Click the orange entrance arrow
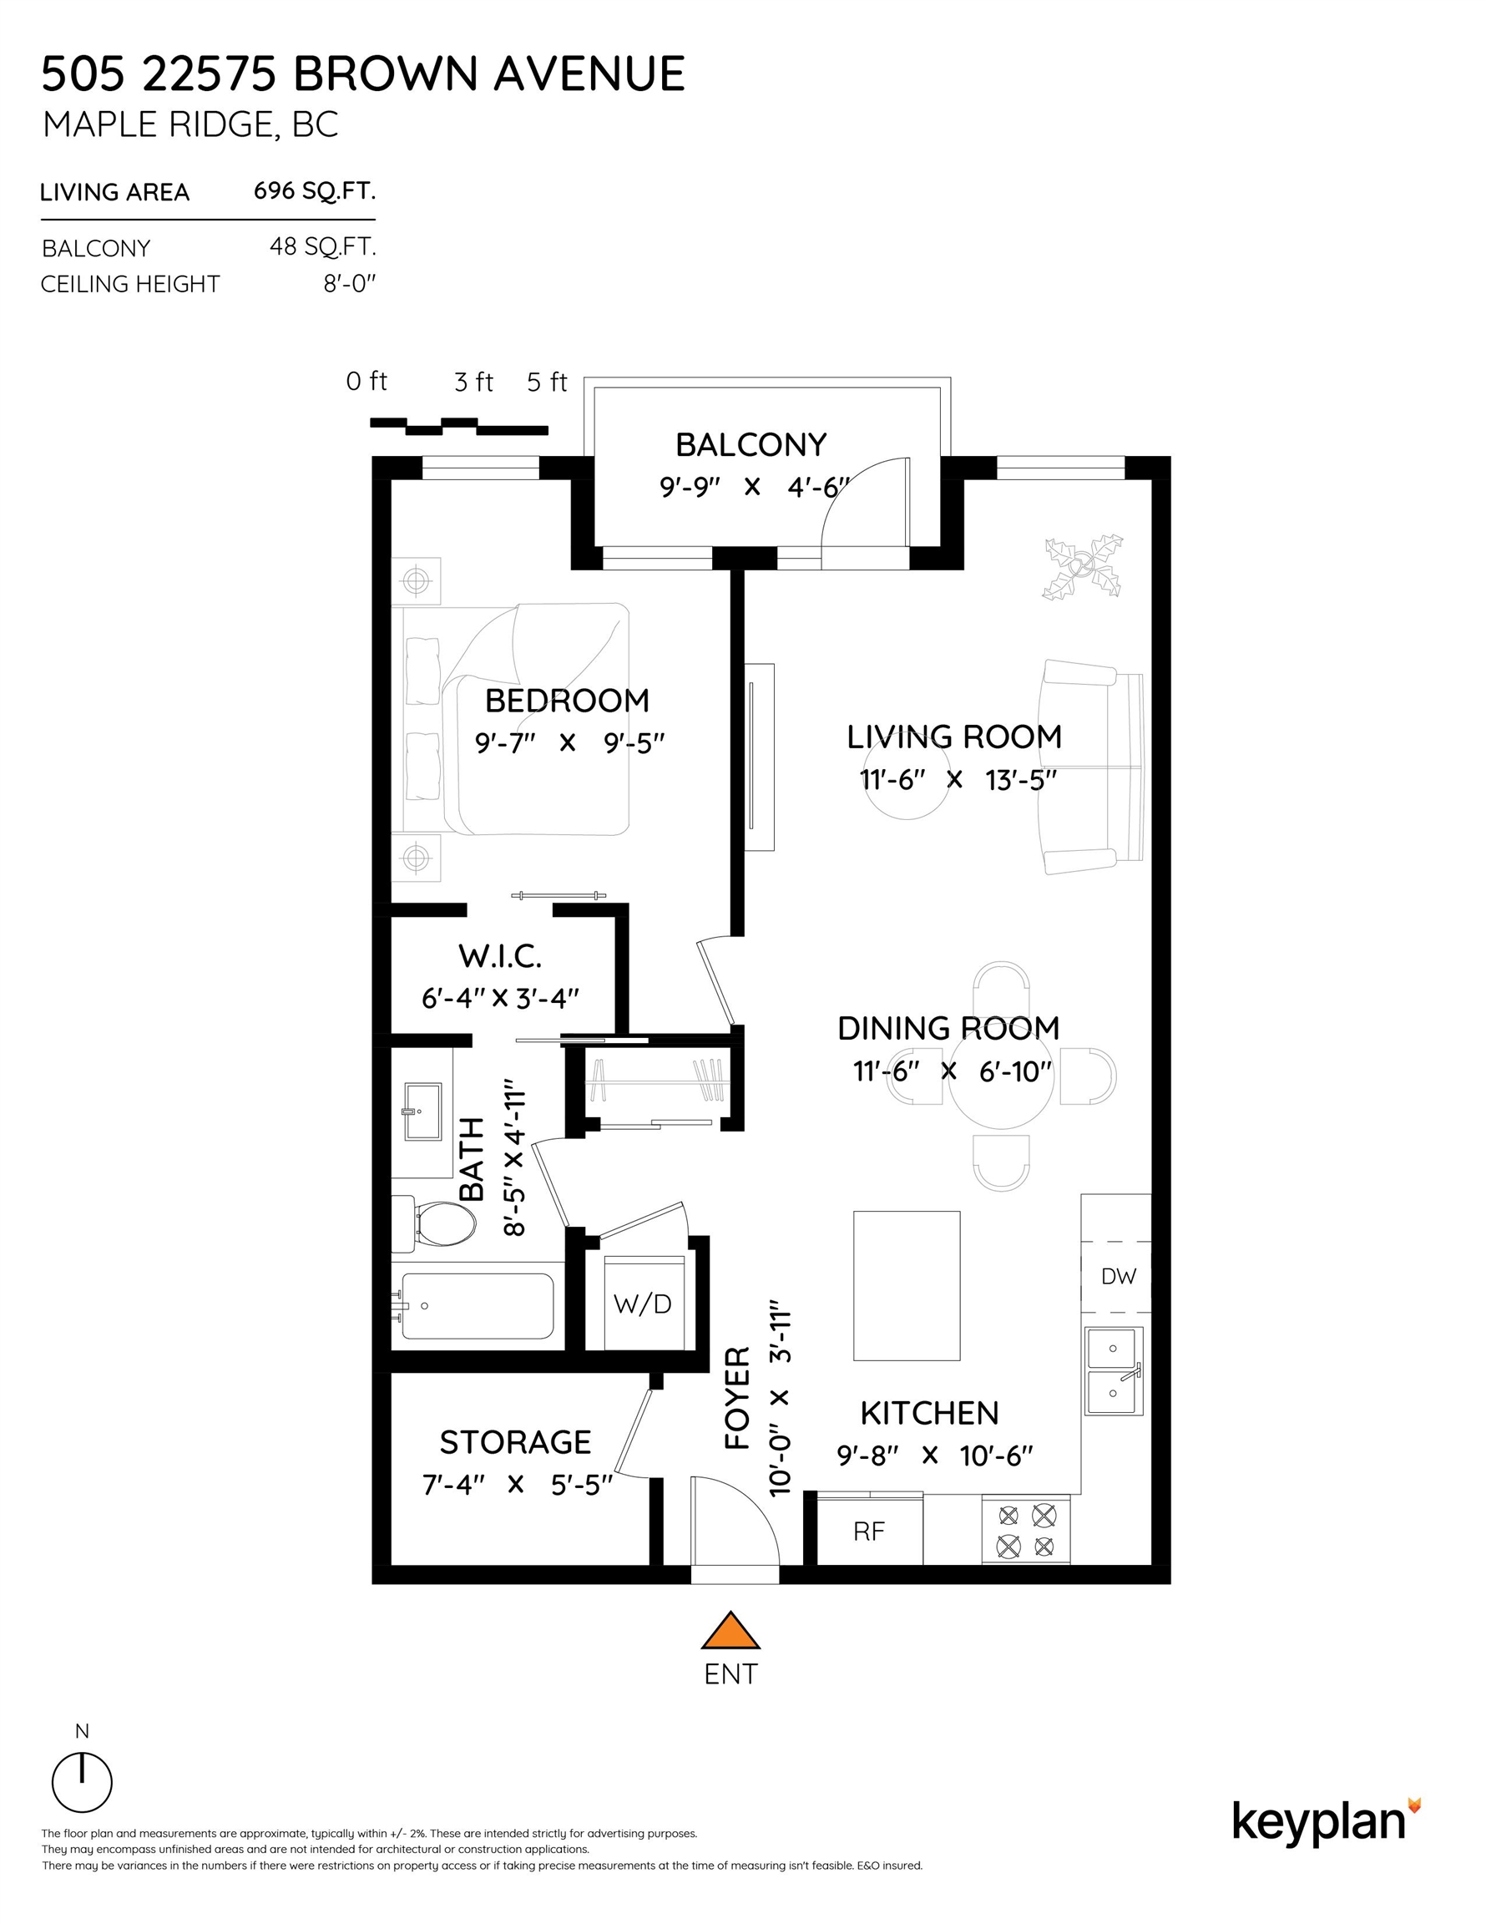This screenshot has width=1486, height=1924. (x=730, y=1631)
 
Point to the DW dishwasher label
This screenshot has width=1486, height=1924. (x=1119, y=1277)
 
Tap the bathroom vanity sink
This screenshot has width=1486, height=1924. (x=422, y=1111)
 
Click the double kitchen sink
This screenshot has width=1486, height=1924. (x=1114, y=1372)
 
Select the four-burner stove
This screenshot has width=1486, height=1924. (x=1026, y=1530)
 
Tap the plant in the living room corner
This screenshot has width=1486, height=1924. (x=1083, y=567)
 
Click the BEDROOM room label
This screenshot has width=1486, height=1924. (x=568, y=701)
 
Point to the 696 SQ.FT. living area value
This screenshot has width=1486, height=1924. (x=315, y=191)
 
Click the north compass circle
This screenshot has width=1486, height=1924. (x=82, y=1782)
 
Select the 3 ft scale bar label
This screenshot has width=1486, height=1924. (x=474, y=382)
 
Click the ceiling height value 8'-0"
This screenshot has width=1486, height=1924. (x=350, y=284)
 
